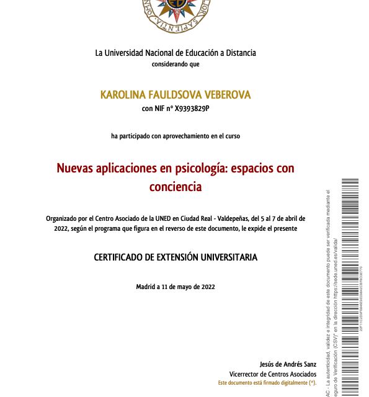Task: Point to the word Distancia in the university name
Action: tap(238, 53)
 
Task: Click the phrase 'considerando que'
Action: tap(176, 64)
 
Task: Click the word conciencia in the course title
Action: tap(176, 185)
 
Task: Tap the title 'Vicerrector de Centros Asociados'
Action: tap(273, 375)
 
